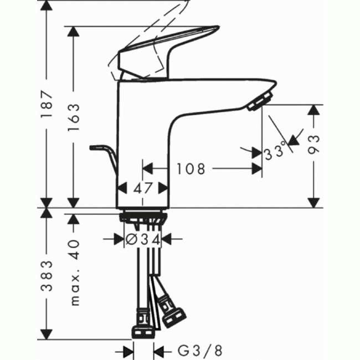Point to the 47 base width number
pyautogui.click(x=143, y=188)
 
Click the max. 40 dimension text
pyautogui.click(x=73, y=271)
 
